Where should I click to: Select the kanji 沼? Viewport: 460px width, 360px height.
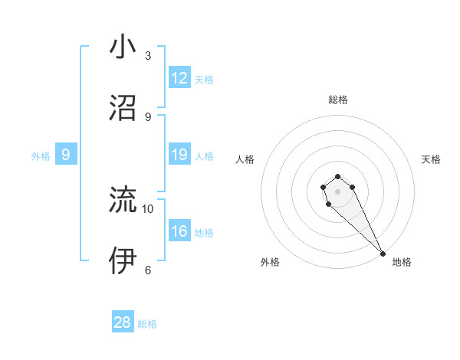123,108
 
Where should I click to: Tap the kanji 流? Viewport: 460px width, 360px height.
123,200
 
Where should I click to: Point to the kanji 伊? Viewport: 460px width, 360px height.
123,260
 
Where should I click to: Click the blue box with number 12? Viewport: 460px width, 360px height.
179,78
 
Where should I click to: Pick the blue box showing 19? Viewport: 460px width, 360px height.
179,155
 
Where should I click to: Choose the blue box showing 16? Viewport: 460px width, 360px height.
179,231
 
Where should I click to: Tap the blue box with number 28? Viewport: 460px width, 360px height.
123,322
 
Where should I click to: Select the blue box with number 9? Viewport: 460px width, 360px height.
66,155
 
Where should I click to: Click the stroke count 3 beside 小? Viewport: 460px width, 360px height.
148,55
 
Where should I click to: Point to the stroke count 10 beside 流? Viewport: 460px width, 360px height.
148,208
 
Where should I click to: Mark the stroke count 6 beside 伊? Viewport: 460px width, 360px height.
148,270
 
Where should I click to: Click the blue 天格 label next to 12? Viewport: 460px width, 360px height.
204,79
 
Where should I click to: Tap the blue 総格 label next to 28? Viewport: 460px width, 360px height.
147,324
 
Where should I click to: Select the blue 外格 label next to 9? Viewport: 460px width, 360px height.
41,156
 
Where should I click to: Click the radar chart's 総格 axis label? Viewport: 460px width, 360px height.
337,100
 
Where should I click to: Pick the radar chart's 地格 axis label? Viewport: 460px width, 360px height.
402,262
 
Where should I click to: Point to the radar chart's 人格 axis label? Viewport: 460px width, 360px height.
245,159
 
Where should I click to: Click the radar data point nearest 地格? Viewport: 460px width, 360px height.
383,254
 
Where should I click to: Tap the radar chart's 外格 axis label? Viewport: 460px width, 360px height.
270,262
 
